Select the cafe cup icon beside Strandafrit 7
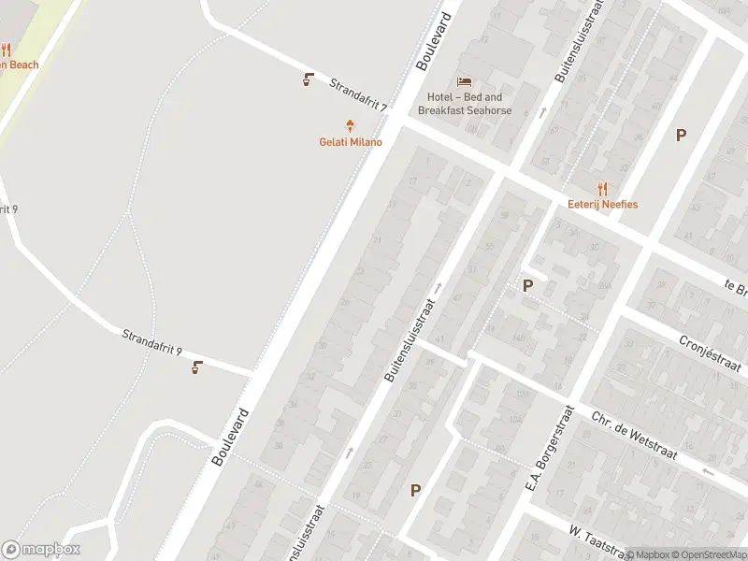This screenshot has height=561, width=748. click(308, 79)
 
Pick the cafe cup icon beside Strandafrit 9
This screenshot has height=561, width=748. click(196, 367)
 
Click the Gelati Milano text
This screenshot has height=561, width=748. click(351, 142)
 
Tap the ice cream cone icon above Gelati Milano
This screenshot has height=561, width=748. click(351, 125)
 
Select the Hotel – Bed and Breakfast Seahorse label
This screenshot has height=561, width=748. click(465, 104)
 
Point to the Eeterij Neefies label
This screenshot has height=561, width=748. click(602, 204)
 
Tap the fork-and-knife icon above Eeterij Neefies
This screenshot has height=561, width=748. click(602, 188)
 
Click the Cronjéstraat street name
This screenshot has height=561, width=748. click(712, 353)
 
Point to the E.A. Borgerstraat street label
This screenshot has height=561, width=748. click(549, 449)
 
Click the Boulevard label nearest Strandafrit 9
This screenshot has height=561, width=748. click(230, 437)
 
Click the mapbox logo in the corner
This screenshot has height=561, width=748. click(41, 550)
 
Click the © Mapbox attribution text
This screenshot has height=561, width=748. click(647, 554)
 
